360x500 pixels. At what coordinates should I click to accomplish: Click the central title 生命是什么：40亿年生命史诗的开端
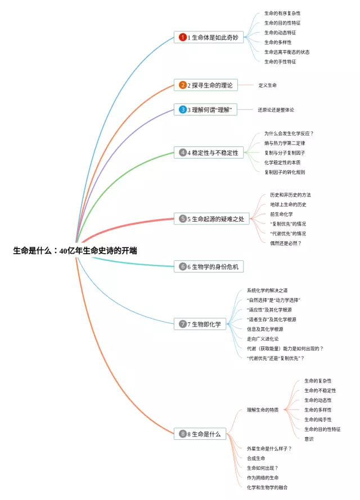pyautogui.click(x=75, y=251)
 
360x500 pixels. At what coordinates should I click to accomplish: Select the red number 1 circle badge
pyautogui.click(x=183, y=38)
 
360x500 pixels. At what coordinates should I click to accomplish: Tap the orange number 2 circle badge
pyautogui.click(x=183, y=85)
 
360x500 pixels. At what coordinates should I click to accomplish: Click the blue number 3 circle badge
pyautogui.click(x=183, y=110)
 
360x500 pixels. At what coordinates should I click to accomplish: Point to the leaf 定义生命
pyautogui.click(x=267, y=85)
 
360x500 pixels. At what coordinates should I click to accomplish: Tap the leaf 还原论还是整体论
pyautogui.click(x=276, y=110)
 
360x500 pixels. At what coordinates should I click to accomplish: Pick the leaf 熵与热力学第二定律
pyautogui.click(x=285, y=143)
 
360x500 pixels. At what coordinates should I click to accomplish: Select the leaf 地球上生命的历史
pyautogui.click(x=288, y=204)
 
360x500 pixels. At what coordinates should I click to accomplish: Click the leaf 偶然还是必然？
pyautogui.click(x=286, y=243)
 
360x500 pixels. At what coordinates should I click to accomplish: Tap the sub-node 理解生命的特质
pyautogui.click(x=263, y=410)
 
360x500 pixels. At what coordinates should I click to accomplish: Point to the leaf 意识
pyautogui.click(x=309, y=439)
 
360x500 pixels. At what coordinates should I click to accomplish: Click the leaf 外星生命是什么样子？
pyautogui.click(x=269, y=448)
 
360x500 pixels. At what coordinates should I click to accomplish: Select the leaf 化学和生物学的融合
pyautogui.click(x=267, y=487)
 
